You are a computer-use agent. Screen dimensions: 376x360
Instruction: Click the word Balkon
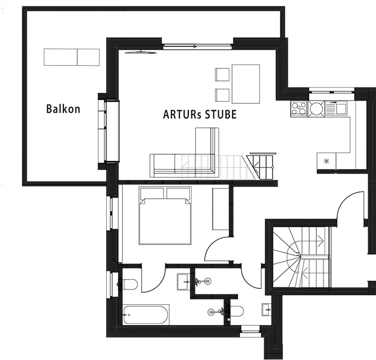(63, 109)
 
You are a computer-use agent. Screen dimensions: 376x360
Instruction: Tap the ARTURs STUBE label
(200, 114)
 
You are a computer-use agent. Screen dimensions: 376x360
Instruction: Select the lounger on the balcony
(72, 57)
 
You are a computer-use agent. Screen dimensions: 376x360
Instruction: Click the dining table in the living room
(246, 84)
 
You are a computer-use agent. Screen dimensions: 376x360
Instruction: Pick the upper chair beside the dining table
(222, 74)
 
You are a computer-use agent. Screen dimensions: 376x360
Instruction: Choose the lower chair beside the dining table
(222, 95)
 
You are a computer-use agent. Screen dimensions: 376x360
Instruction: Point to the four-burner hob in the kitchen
(299, 109)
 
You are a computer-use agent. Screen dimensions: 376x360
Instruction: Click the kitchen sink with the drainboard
(336, 108)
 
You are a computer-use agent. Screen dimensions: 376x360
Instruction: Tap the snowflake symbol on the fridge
(326, 161)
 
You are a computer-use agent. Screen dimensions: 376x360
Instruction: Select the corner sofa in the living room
(184, 165)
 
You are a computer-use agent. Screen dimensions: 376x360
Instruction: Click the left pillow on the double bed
(152, 194)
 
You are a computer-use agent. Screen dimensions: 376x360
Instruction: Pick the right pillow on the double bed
(178, 194)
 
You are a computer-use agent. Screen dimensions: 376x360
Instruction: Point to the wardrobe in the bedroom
(221, 209)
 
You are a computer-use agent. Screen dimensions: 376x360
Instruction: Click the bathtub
(146, 315)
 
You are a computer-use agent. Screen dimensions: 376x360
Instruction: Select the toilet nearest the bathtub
(130, 284)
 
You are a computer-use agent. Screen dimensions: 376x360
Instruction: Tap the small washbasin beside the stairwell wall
(267, 310)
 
